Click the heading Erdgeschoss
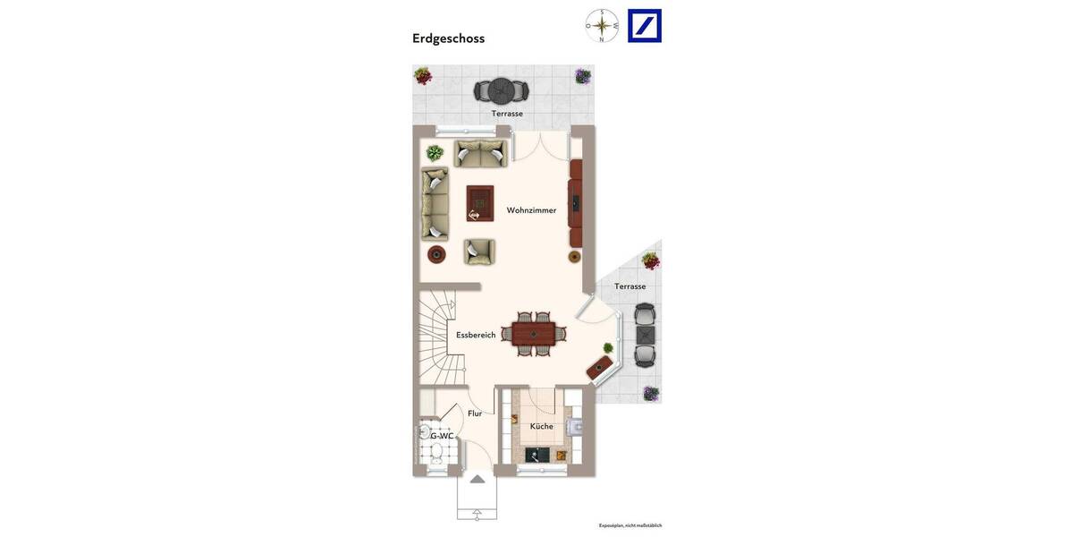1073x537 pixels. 448,38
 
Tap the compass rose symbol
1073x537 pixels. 602,26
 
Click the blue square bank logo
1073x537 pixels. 645,26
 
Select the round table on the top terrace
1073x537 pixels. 501,90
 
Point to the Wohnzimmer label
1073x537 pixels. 531,210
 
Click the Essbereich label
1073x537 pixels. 476,335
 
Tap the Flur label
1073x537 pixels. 475,413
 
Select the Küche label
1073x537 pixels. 541,426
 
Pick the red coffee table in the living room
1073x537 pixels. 479,203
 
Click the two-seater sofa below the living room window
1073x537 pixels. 480,153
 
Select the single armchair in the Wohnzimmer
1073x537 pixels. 479,251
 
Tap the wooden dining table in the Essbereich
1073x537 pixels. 534,334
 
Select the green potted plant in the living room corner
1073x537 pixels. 435,153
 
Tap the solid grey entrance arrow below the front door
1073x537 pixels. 477,480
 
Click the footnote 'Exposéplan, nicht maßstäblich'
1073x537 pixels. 629,525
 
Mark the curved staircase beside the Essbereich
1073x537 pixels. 438,336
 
